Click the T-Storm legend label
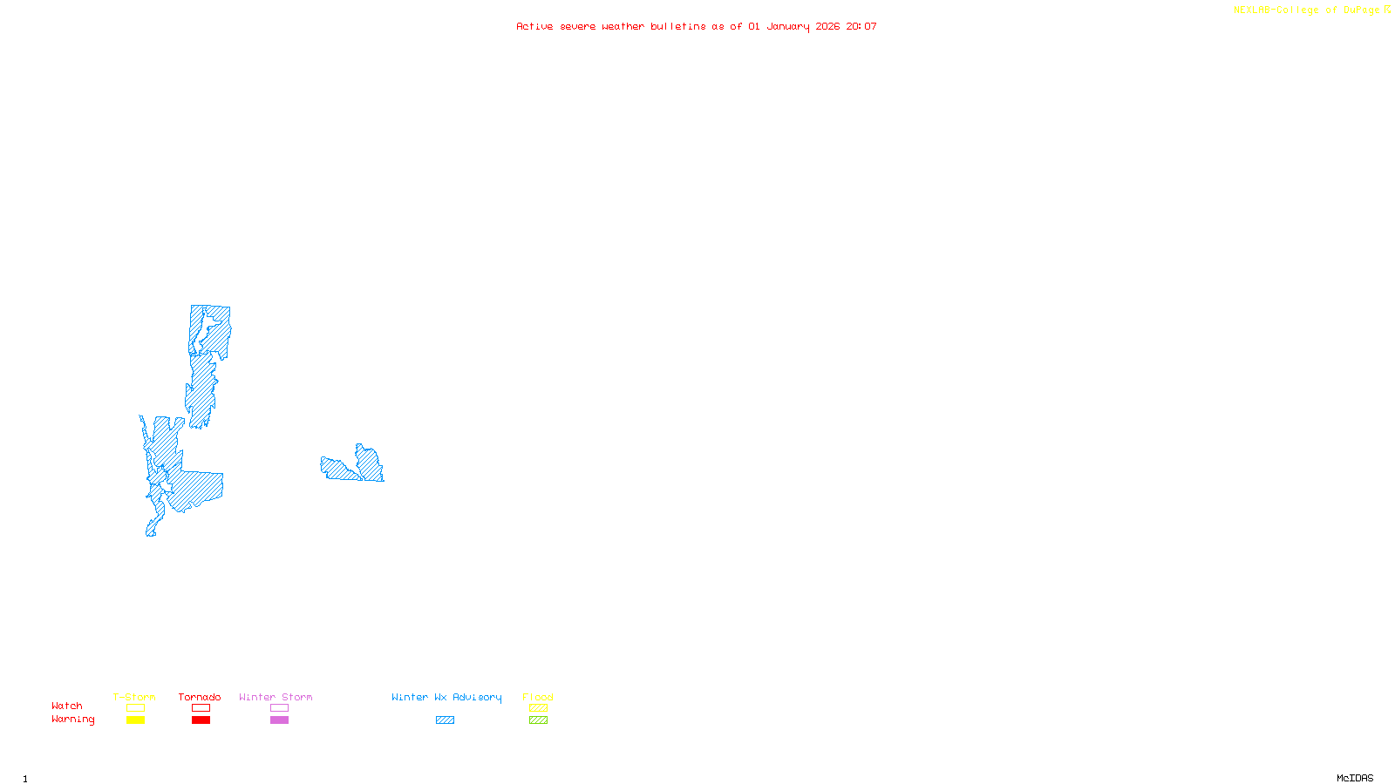click(x=134, y=697)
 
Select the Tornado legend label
click(x=200, y=697)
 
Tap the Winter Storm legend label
click(x=276, y=697)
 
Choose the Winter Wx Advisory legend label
click(x=446, y=697)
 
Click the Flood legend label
click(x=538, y=697)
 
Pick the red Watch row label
click(x=67, y=706)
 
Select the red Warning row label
click(x=72, y=720)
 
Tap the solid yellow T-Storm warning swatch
click(x=135, y=720)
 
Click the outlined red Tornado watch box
click(x=201, y=708)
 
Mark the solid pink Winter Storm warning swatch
click(x=279, y=720)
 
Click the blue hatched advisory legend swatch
click(x=445, y=720)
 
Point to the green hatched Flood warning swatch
click(x=538, y=720)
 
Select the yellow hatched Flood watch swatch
click(x=538, y=708)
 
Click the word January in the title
click(x=787, y=26)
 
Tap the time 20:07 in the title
click(x=861, y=26)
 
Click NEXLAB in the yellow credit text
click(x=1252, y=10)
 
